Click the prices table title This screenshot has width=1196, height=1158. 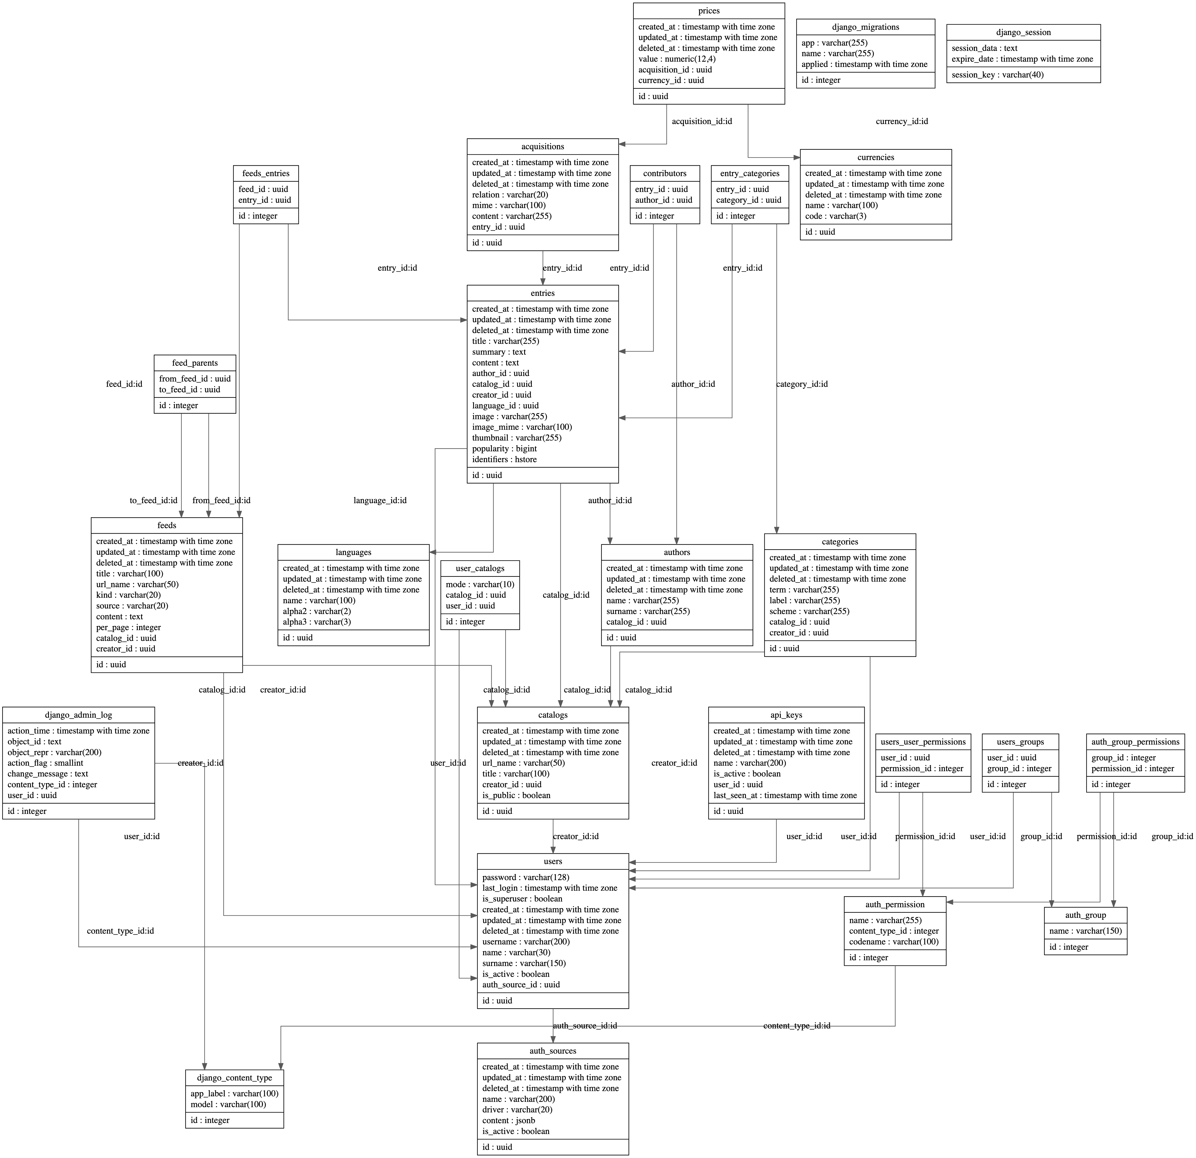click(x=708, y=11)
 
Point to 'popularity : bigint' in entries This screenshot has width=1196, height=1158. click(x=504, y=449)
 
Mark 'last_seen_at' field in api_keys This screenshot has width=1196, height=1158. click(x=785, y=795)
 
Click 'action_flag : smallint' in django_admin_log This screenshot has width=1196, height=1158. click(x=45, y=763)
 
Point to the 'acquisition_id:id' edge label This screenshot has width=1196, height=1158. click(x=702, y=121)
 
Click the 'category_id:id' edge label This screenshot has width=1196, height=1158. click(x=802, y=384)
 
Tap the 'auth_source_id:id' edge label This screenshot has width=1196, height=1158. click(x=585, y=1026)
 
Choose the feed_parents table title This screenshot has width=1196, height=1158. click(x=195, y=363)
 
